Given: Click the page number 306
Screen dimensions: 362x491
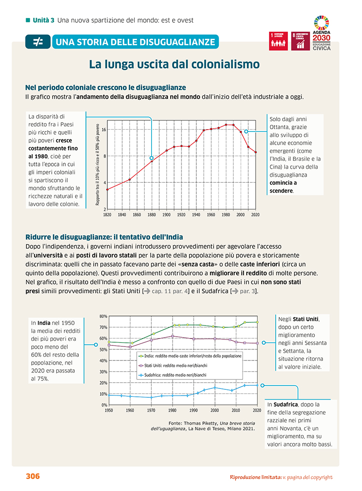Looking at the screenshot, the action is (33, 476).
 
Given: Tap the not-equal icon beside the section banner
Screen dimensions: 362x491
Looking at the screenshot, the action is (38, 41).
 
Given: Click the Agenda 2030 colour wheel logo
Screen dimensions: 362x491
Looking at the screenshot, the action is (321, 22).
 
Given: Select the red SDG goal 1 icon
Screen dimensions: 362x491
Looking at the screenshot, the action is (278, 41).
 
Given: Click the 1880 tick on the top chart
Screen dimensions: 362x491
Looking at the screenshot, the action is (152, 215).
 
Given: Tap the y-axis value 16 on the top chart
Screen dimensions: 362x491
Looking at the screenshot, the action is (104, 130).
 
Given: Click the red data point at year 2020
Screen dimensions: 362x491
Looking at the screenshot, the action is (256, 152).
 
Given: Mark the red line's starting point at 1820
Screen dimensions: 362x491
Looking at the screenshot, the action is (107, 189).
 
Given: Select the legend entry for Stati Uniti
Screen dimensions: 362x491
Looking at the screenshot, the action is (173, 366).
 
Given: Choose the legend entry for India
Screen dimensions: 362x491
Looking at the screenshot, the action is (190, 356).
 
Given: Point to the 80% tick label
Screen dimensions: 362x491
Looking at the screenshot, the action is (104, 316).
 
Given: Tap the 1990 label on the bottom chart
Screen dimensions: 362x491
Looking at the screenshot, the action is (194, 410).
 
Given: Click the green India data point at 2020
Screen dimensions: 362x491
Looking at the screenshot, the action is (257, 322).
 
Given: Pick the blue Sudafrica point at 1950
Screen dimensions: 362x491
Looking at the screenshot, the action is (109, 395).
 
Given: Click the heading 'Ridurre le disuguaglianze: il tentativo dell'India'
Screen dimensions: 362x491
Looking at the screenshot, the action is (104, 237).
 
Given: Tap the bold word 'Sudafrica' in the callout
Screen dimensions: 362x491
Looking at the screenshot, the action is (285, 405).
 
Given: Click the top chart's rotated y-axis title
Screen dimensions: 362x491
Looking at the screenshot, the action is (97, 165).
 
